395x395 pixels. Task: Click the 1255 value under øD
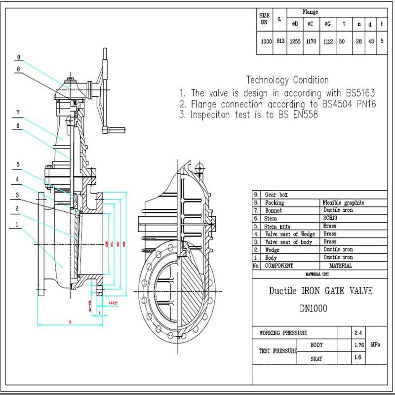pos(295,42)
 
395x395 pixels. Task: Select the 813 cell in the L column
pos(280,42)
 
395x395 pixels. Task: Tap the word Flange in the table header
pos(311,12)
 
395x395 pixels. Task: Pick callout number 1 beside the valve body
pos(18,224)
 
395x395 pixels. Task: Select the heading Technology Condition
pos(287,80)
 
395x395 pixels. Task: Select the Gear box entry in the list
pos(277,195)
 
